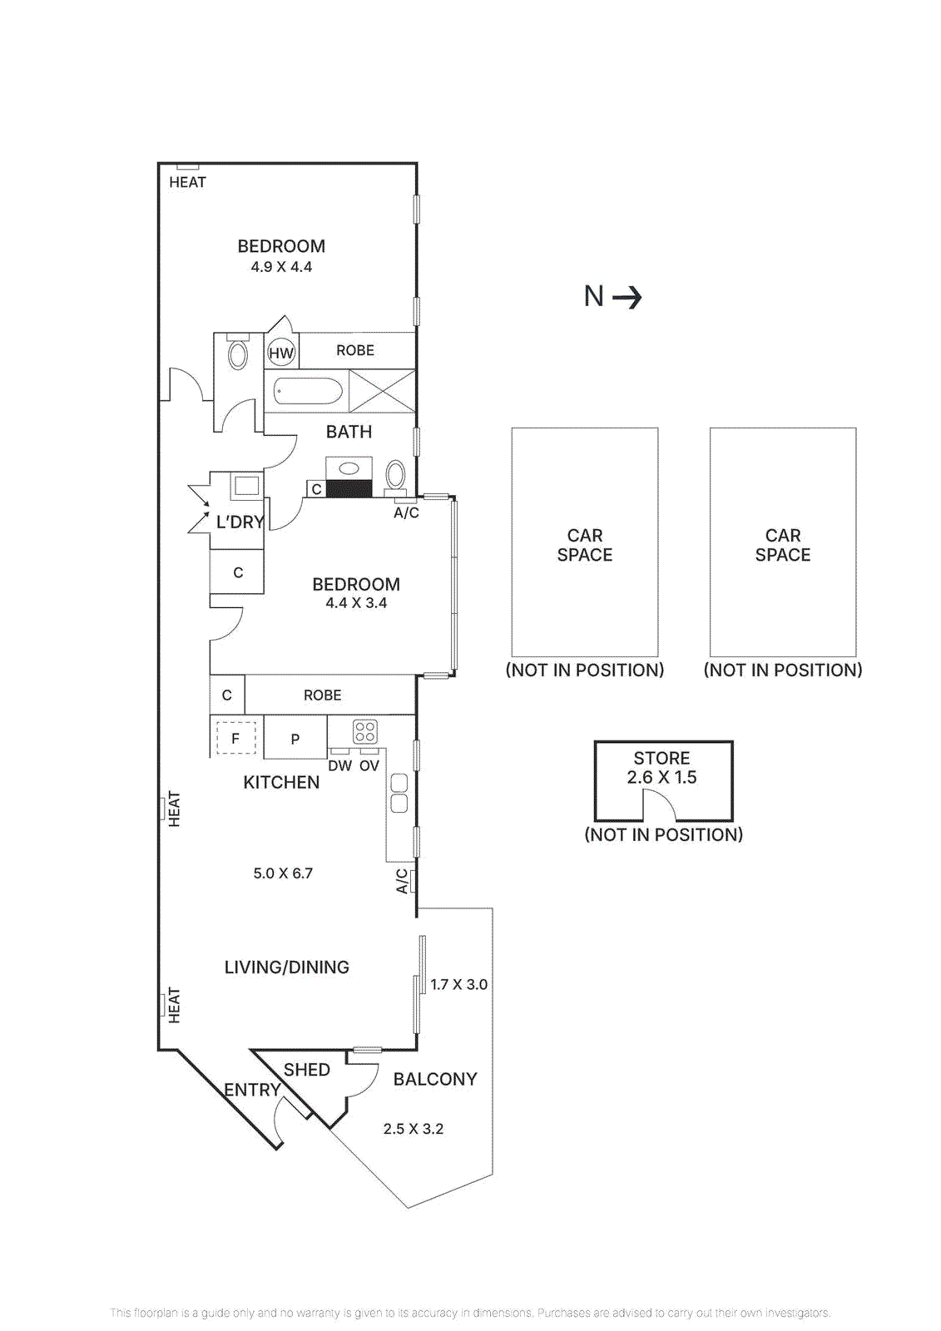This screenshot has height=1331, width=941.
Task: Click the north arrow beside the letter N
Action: (x=627, y=297)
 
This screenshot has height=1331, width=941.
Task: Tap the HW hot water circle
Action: (x=281, y=353)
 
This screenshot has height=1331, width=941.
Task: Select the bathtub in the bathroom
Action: (x=308, y=391)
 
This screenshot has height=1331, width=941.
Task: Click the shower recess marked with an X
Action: (x=382, y=391)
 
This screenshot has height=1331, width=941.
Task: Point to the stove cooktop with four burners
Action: (x=365, y=731)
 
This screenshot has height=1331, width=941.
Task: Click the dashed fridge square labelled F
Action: (x=235, y=738)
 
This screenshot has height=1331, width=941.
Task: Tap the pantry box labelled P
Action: (x=295, y=739)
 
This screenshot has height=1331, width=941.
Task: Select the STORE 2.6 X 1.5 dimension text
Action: (x=661, y=777)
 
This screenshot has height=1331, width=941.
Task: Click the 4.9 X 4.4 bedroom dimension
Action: (x=281, y=267)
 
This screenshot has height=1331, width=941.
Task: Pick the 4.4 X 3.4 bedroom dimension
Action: (x=356, y=603)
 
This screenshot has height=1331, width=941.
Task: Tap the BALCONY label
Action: (x=435, y=1079)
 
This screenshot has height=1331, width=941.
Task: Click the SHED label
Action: (x=307, y=1070)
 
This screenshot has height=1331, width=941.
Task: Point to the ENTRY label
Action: (x=252, y=1090)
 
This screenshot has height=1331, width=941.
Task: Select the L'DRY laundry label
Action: (x=240, y=522)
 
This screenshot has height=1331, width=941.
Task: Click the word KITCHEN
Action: (x=281, y=782)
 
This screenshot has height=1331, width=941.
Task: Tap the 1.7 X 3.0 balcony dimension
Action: (x=458, y=984)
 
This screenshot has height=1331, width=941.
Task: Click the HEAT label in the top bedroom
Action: (x=187, y=182)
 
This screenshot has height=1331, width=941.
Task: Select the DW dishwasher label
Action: (x=339, y=765)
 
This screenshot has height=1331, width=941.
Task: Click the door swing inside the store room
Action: (x=658, y=804)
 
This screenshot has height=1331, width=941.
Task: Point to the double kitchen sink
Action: (x=399, y=793)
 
